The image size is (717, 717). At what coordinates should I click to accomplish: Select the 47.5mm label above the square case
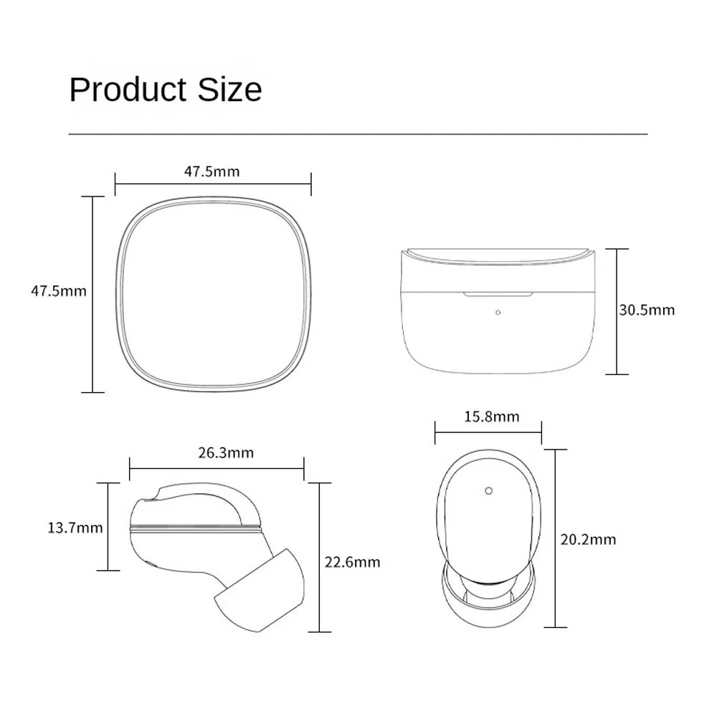click(x=212, y=171)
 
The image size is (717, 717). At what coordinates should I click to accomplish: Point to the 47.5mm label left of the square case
click(x=59, y=291)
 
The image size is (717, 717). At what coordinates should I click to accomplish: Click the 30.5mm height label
click(x=647, y=310)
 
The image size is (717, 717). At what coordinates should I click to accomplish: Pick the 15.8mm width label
click(x=488, y=417)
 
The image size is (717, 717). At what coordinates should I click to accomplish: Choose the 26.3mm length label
click(x=226, y=453)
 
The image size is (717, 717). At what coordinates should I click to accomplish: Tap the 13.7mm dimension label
click(x=75, y=528)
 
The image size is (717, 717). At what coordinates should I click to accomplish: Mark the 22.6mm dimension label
click(x=352, y=561)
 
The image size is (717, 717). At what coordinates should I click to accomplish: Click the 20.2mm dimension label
click(x=588, y=539)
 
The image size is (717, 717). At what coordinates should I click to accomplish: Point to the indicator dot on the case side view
click(x=498, y=312)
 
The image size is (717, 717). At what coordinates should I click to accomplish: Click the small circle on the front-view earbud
click(x=488, y=491)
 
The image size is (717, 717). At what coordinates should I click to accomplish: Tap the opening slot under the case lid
click(x=499, y=293)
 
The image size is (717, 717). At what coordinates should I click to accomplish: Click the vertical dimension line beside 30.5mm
click(x=617, y=311)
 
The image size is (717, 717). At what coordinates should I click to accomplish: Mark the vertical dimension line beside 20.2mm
click(x=556, y=538)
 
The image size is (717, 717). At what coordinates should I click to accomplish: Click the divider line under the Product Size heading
click(x=358, y=134)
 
